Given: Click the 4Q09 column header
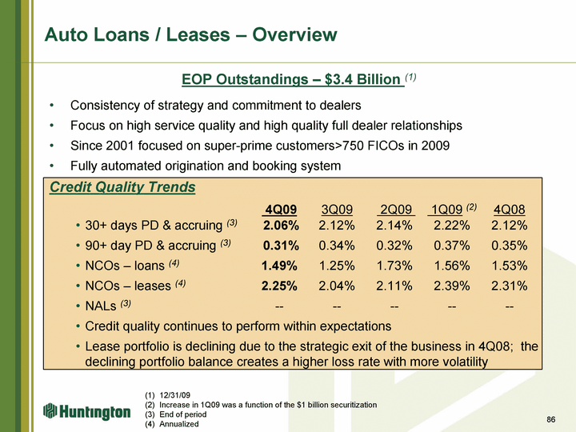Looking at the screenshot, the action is click(x=281, y=210).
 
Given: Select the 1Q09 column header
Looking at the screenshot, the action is click(x=446, y=210).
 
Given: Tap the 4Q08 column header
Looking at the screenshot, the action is click(x=509, y=210).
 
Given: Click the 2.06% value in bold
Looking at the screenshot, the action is click(x=281, y=225).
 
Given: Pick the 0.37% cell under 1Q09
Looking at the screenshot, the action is click(x=452, y=246).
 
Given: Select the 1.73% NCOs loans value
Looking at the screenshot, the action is click(x=394, y=266).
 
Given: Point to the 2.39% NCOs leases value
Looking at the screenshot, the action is click(x=452, y=286).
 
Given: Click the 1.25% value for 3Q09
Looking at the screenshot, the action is click(x=337, y=266).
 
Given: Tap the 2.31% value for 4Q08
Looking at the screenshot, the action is click(x=509, y=286).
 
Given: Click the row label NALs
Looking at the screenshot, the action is click(x=101, y=306).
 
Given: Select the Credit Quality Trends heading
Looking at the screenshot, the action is click(x=122, y=187).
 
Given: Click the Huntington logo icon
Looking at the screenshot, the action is click(x=50, y=410).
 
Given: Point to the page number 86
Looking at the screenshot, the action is click(x=550, y=419).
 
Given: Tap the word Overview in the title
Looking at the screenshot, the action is click(x=294, y=34).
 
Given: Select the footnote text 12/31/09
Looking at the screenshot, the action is click(x=175, y=395).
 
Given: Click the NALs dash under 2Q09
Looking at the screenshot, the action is click(x=394, y=306).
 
